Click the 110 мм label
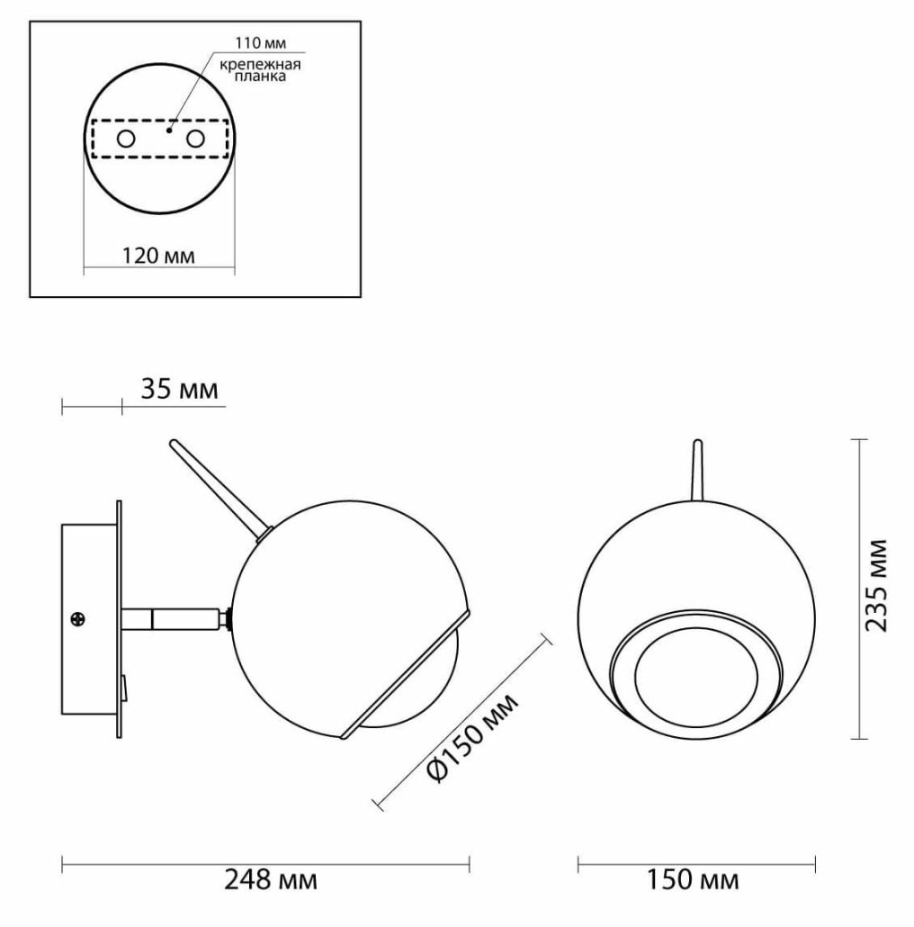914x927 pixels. click(260, 43)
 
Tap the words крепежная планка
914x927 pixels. click(260, 70)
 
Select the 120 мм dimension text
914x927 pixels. click(158, 256)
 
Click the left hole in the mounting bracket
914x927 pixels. click(126, 139)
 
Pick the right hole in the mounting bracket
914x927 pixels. click(195, 139)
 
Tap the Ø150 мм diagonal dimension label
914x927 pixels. click(472, 738)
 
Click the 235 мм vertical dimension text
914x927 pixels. click(876, 585)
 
